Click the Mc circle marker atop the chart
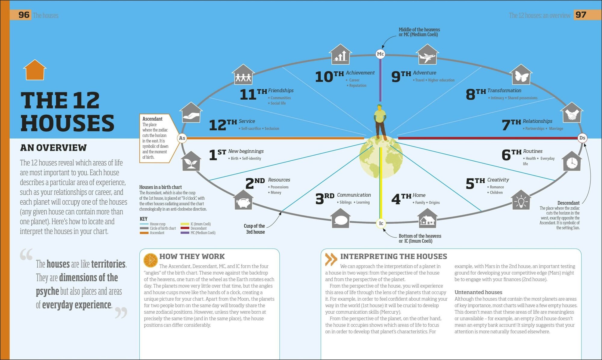tap(380, 54)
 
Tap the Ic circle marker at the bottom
tap(381, 223)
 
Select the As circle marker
tap(182, 138)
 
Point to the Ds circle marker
tap(582, 138)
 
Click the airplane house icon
tap(427, 55)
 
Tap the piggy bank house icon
tap(244, 200)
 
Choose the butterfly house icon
tap(521, 75)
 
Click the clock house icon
tap(572, 162)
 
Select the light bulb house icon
tap(521, 200)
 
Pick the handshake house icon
tap(571, 113)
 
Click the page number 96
tap(24, 15)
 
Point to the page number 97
tap(581, 15)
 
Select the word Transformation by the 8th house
tap(504, 90)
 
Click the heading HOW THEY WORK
tap(192, 256)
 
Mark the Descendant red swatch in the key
tap(185, 228)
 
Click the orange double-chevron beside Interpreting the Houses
tap(331, 259)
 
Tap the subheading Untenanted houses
tap(478, 292)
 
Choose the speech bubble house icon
tap(340, 219)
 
